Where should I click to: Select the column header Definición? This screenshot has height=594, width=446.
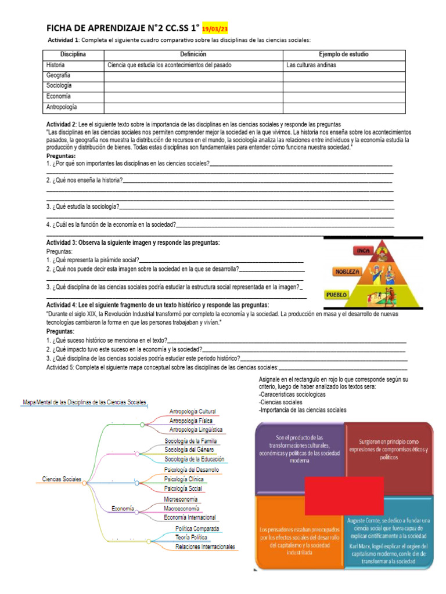click(x=193, y=55)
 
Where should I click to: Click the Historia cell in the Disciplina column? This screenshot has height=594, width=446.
click(x=56, y=65)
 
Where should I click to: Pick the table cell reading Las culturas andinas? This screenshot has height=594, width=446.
click(x=311, y=65)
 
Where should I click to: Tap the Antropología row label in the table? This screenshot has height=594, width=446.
click(x=62, y=107)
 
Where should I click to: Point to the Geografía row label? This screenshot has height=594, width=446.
click(x=59, y=75)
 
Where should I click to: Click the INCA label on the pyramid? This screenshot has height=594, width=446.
click(x=363, y=251)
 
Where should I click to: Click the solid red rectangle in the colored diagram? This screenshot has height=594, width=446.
click(x=344, y=495)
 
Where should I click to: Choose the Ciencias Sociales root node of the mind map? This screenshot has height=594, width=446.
click(x=61, y=480)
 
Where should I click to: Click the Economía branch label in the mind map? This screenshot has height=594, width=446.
click(x=123, y=509)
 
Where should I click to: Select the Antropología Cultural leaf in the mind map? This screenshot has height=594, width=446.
click(x=192, y=411)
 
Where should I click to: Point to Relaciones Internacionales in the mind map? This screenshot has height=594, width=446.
click(x=205, y=547)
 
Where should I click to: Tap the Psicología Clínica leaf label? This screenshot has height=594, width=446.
click(x=184, y=479)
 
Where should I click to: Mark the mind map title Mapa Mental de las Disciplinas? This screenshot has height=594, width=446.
click(x=84, y=402)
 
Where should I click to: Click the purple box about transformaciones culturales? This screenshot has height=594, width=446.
click(x=298, y=449)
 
